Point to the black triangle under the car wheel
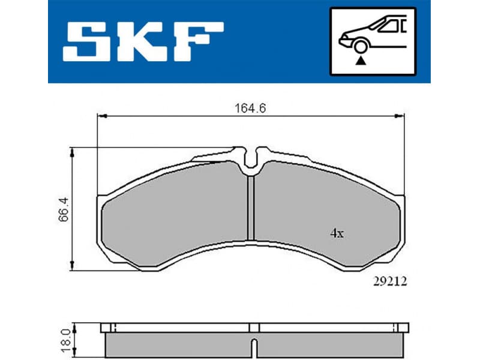tap(360, 60)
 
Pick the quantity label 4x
tap(336, 234)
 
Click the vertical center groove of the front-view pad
tap(252, 207)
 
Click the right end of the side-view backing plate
tap(404, 328)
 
